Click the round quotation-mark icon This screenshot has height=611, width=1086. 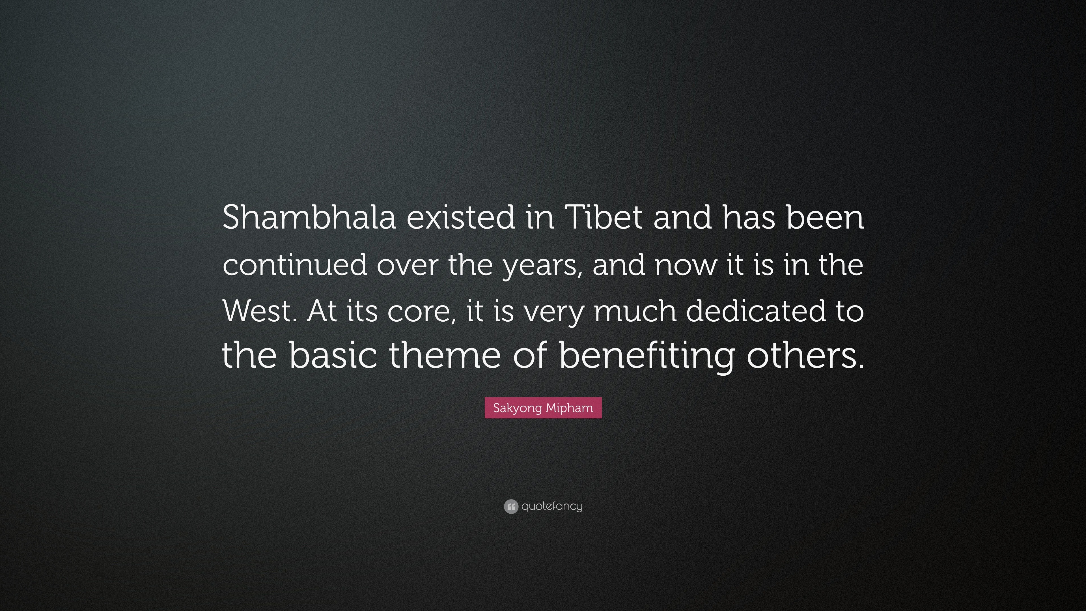[510, 506]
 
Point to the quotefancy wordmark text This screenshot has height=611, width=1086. [552, 506]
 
